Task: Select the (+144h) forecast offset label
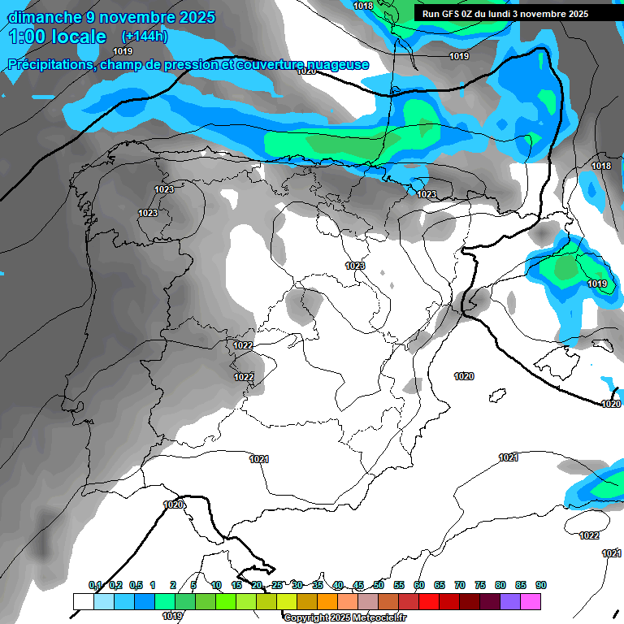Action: click(x=145, y=37)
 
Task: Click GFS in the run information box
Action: click(x=450, y=14)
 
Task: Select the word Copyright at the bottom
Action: click(x=306, y=618)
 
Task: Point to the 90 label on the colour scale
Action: click(x=540, y=585)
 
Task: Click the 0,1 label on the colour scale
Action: click(x=95, y=585)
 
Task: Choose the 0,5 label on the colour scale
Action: click(x=136, y=585)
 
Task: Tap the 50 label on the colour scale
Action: click(x=379, y=585)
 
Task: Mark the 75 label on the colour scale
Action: click(x=480, y=585)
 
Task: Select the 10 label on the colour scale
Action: click(x=216, y=585)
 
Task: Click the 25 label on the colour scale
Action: click(x=277, y=585)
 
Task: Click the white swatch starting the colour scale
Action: click(x=83, y=601)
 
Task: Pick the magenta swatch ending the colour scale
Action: click(x=531, y=601)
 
